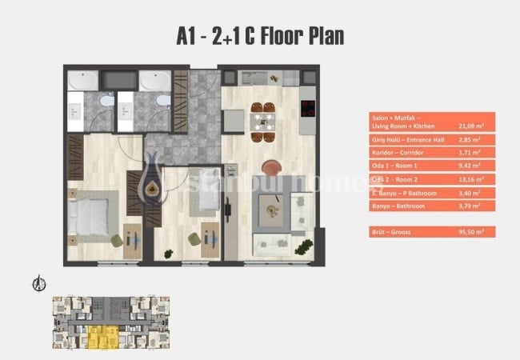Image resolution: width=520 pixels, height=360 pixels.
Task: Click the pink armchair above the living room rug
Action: point(272,168)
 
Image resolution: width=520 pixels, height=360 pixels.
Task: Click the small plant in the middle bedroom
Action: point(168,254)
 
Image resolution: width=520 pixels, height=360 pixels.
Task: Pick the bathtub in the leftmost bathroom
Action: point(83,80)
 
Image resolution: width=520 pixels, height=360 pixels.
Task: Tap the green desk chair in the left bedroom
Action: point(117,240)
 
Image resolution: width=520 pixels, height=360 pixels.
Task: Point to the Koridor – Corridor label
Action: point(400,150)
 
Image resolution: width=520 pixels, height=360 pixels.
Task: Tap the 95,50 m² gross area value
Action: point(472,231)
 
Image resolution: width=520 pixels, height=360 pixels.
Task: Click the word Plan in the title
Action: point(320,37)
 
